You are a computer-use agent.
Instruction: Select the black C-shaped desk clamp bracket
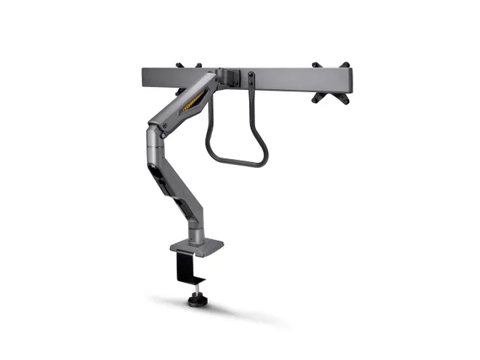[x=183, y=267]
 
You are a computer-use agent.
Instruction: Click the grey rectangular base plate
[x=196, y=246]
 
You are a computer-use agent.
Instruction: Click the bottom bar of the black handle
[x=237, y=161]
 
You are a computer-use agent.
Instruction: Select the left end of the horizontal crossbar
[x=145, y=77]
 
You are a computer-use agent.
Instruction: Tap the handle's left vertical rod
[x=212, y=127]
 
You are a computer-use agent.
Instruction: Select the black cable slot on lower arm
[x=160, y=180]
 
